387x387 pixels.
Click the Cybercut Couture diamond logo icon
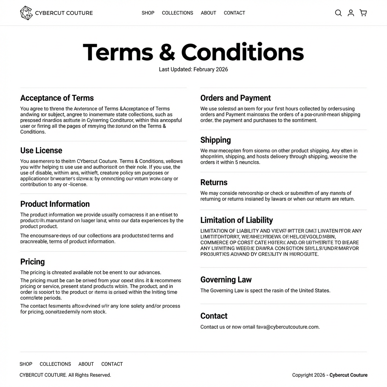pos(26,13)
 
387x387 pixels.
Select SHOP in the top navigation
pos(148,13)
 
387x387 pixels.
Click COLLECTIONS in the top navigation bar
pos(177,13)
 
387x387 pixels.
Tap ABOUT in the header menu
pos(208,13)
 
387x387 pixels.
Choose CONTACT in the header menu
pos(234,13)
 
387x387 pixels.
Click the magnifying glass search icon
pos(338,13)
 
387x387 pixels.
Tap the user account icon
pos(351,13)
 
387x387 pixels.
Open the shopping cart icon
pos(363,13)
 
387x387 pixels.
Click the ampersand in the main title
pos(167,53)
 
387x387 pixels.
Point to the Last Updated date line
pos(193,70)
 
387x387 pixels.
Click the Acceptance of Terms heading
pos(57,98)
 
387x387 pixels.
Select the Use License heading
pos(41,150)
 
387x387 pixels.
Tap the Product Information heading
pos(55,204)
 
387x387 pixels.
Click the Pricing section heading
pos(33,262)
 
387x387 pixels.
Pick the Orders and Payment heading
pos(235,98)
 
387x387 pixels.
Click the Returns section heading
pos(214,183)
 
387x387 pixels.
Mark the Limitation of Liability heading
pos(237,220)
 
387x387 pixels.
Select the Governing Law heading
pos(226,280)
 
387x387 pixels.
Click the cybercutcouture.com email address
pos(288,327)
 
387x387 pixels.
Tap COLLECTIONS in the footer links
pos(55,364)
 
